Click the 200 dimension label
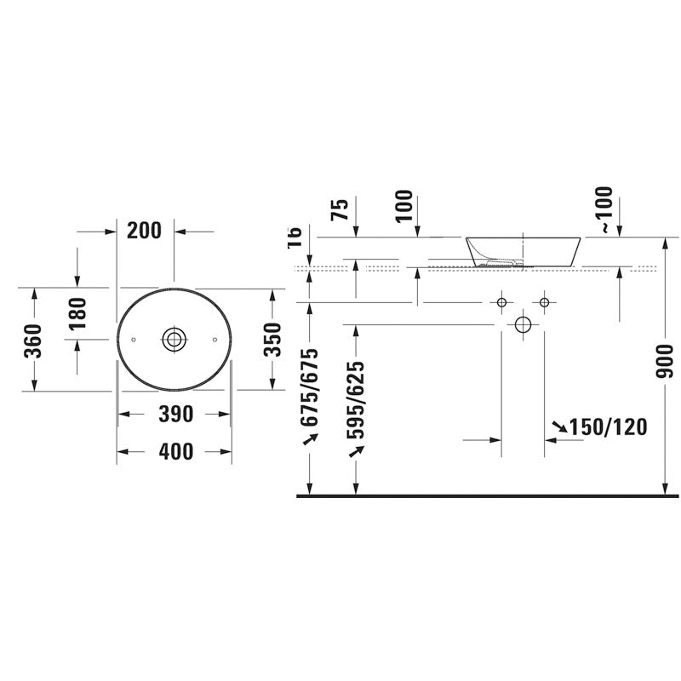146,230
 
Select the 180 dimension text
77,316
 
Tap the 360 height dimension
33,340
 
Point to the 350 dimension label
272,340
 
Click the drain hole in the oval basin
174,339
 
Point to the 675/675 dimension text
310,387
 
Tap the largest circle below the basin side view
523,324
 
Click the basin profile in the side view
523,251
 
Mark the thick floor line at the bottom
485,495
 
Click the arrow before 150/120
560,426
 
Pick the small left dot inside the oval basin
134,339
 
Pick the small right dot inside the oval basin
214,339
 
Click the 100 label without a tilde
403,206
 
